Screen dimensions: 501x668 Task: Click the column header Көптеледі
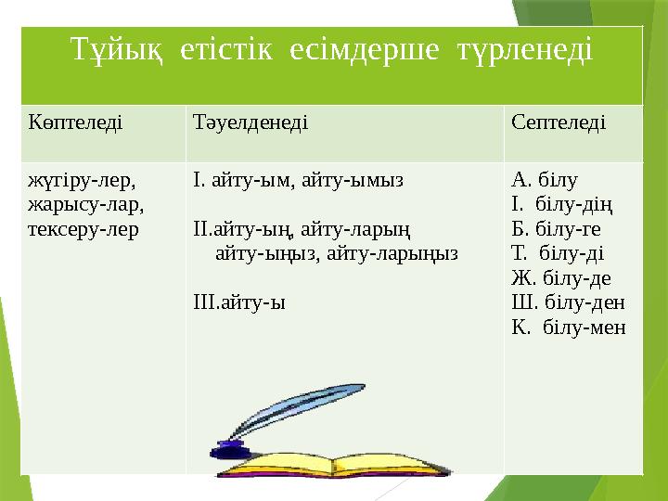pyautogui.click(x=74, y=122)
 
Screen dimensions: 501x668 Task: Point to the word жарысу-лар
pyautogui.click(x=85, y=204)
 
